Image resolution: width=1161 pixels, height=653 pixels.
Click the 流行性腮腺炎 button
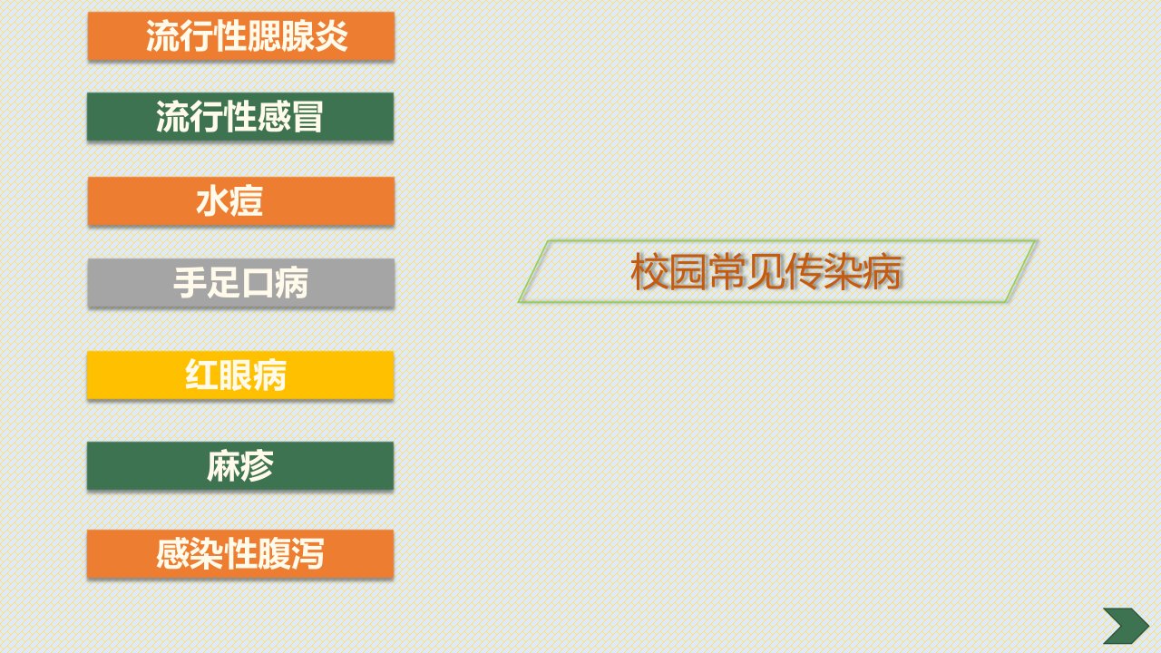(241, 36)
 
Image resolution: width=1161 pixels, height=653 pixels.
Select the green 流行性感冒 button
(240, 117)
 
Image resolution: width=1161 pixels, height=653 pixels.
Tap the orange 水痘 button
(241, 201)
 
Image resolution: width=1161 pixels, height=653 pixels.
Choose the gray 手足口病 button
(241, 283)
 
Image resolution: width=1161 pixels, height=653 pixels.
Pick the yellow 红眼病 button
(240, 375)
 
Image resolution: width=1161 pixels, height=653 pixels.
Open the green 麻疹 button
(240, 465)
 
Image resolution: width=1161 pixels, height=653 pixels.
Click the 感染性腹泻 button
(240, 553)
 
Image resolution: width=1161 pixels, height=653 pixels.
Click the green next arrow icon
(1126, 626)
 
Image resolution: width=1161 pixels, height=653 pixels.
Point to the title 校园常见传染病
(766, 271)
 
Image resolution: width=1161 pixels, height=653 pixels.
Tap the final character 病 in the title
(883, 271)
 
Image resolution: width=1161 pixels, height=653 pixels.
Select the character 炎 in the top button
(331, 36)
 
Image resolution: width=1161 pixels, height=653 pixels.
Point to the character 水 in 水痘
(212, 201)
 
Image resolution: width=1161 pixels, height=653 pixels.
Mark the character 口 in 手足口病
(258, 283)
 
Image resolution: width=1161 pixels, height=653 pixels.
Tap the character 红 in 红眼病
(201, 375)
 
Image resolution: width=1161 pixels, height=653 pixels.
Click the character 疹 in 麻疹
(257, 465)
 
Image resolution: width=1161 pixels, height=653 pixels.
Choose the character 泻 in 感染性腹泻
(307, 553)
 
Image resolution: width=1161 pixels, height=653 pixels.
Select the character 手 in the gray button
(190, 283)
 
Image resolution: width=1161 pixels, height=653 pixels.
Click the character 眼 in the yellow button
(236, 375)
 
